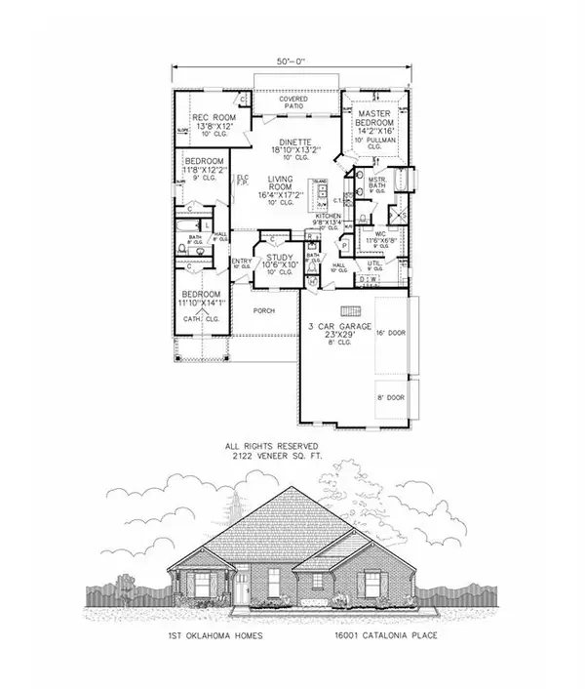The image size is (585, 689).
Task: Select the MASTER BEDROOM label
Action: (x=374, y=118)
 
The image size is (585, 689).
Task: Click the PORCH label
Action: (x=263, y=310)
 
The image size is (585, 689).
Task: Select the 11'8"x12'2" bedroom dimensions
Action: (x=205, y=170)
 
